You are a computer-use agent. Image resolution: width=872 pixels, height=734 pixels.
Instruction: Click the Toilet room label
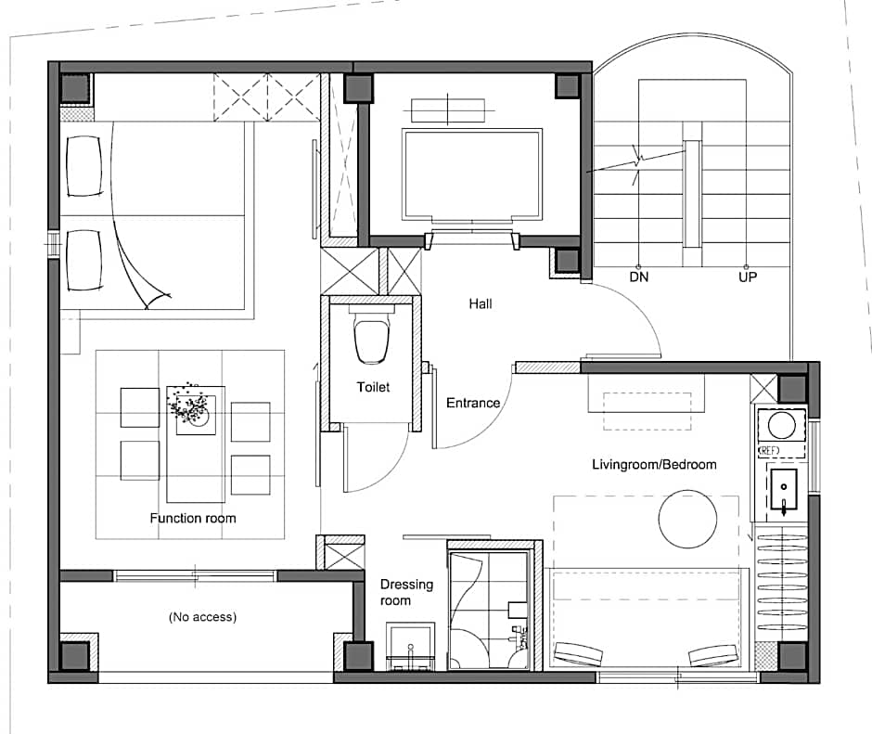373,387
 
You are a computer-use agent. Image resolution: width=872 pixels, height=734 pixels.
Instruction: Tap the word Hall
481,303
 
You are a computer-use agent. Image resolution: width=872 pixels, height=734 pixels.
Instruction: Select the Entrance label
473,403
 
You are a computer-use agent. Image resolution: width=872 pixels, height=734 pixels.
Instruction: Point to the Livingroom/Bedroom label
654,464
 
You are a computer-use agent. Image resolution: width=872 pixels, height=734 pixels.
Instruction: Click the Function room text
193,518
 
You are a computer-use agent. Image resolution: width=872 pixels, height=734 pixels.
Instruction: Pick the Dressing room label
406,592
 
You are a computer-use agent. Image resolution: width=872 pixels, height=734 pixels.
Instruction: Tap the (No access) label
202,616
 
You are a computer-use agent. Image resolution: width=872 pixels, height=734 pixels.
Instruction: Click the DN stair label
639,277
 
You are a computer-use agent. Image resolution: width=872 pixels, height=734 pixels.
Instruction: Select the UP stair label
748,277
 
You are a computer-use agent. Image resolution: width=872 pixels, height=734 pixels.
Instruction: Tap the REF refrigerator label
769,451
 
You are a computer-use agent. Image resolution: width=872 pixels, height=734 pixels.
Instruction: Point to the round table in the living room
687,519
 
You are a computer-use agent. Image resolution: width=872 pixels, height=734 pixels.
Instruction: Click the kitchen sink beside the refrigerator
784,490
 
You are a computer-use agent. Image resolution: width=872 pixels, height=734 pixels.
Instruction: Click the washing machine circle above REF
782,426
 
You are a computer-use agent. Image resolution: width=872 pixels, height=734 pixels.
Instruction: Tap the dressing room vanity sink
410,647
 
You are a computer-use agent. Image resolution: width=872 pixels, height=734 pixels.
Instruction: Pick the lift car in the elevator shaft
472,174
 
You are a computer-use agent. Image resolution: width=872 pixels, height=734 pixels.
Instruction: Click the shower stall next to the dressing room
488,610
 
